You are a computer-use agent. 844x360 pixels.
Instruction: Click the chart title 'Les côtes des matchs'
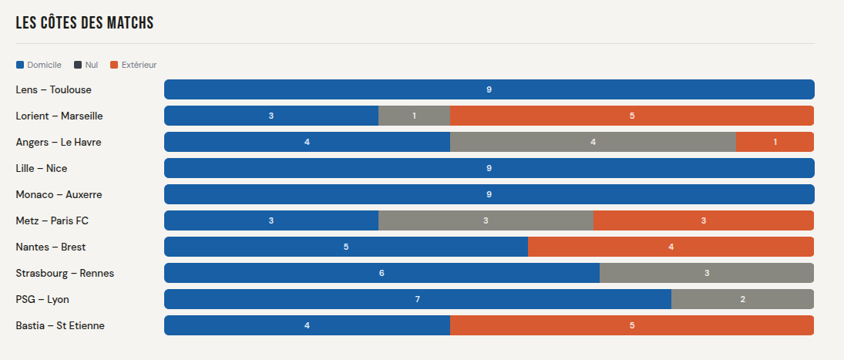pos(85,23)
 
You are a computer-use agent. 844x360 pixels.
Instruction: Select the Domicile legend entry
pos(39,65)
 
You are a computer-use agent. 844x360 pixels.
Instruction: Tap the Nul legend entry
pos(86,65)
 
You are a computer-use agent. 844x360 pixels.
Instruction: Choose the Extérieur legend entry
pos(133,65)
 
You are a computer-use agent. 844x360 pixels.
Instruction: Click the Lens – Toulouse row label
pos(53,89)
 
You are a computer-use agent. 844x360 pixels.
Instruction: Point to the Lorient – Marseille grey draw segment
pos(414,116)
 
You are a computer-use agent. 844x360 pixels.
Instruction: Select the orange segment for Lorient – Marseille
pos(631,116)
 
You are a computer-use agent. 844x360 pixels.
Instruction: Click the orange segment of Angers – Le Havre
pos(775,142)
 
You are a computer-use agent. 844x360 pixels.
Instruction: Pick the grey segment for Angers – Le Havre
pos(593,142)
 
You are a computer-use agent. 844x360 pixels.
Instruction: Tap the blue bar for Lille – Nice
pos(489,168)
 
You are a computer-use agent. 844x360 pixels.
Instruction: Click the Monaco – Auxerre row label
pos(59,194)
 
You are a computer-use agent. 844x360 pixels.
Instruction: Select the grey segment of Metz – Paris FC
pos(486,220)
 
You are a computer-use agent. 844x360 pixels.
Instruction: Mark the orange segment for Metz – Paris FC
pos(703,220)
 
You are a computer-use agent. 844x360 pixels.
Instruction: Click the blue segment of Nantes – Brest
pos(345,247)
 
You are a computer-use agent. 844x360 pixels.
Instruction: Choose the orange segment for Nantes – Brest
pos(671,247)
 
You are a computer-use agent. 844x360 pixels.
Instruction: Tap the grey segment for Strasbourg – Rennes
pos(706,273)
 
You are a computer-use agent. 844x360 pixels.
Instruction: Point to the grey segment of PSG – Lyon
pos(742,299)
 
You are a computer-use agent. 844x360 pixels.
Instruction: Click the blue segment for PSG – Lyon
pos(417,299)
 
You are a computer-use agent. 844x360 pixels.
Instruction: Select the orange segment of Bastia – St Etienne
pos(631,325)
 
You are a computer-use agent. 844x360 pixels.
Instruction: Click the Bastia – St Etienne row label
pos(60,325)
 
